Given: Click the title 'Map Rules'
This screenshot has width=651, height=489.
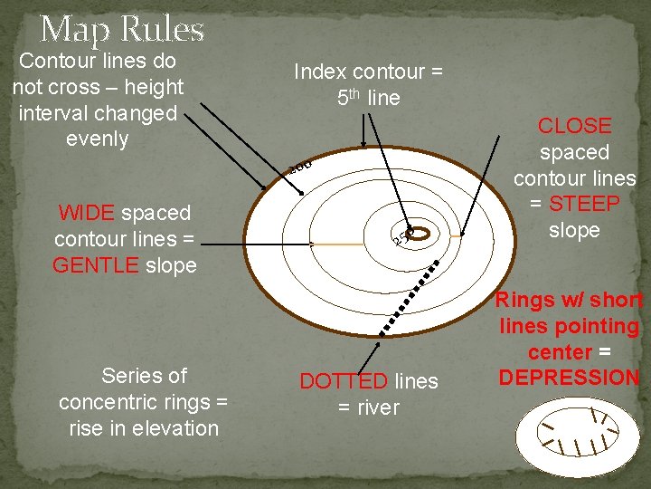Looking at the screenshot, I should pos(122,29).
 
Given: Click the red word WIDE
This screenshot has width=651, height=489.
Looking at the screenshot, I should pos(86,214).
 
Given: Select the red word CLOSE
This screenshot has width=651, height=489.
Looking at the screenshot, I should pos(574,126).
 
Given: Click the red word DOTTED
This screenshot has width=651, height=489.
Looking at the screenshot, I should pos(344,382).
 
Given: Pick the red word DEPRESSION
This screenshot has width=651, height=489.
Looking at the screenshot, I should pos(568,378).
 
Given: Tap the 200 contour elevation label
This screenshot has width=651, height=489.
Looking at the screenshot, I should pos(300,166).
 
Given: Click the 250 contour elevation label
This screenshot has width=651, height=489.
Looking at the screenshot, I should pos(401,238).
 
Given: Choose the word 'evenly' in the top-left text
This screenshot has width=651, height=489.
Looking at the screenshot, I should pos(98,139).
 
